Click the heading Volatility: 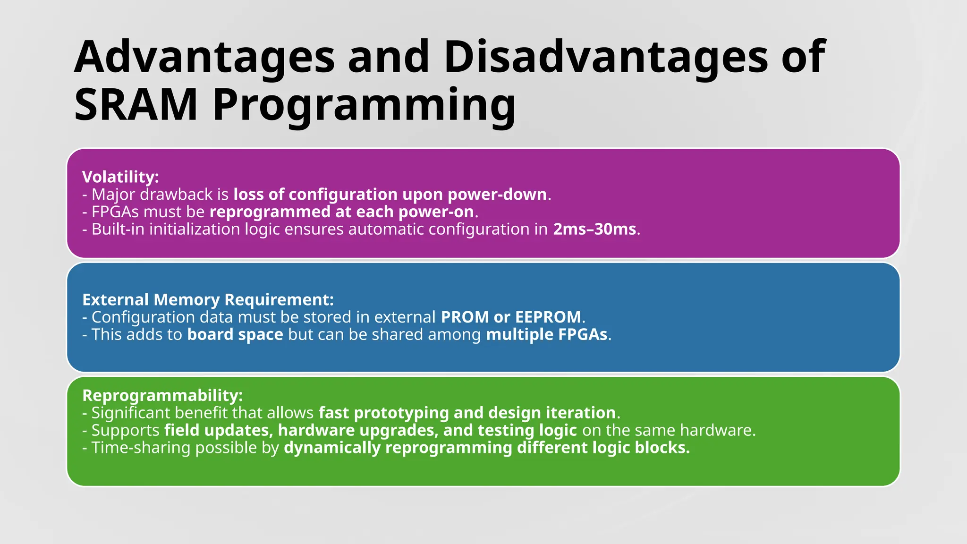coord(120,177)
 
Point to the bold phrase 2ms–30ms coord(594,229)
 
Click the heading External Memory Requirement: coord(208,300)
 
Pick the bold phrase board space coord(235,334)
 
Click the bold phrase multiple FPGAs coord(547,334)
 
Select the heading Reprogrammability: coord(162,395)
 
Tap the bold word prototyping coord(401,413)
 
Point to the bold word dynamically coord(332,448)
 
